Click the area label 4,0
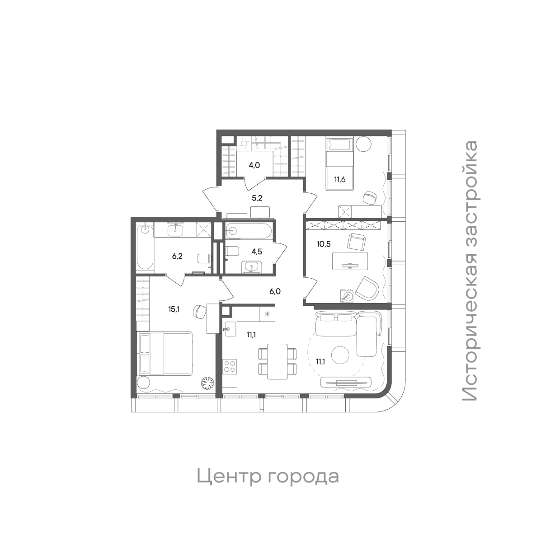[x=254, y=165]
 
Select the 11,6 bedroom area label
[x=341, y=179]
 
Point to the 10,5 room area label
[x=323, y=244]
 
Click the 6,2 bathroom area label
[x=177, y=256]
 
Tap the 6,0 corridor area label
[x=275, y=292]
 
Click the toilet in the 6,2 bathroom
[x=205, y=259]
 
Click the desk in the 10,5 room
[x=350, y=261]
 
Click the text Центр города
[x=268, y=477]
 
